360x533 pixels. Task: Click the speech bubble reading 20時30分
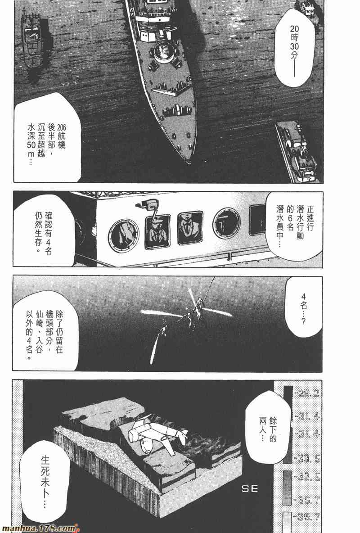[294, 48]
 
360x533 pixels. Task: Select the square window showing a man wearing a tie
[190, 227]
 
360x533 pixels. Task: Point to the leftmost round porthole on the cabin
[123, 235]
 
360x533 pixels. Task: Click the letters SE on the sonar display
[249, 489]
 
